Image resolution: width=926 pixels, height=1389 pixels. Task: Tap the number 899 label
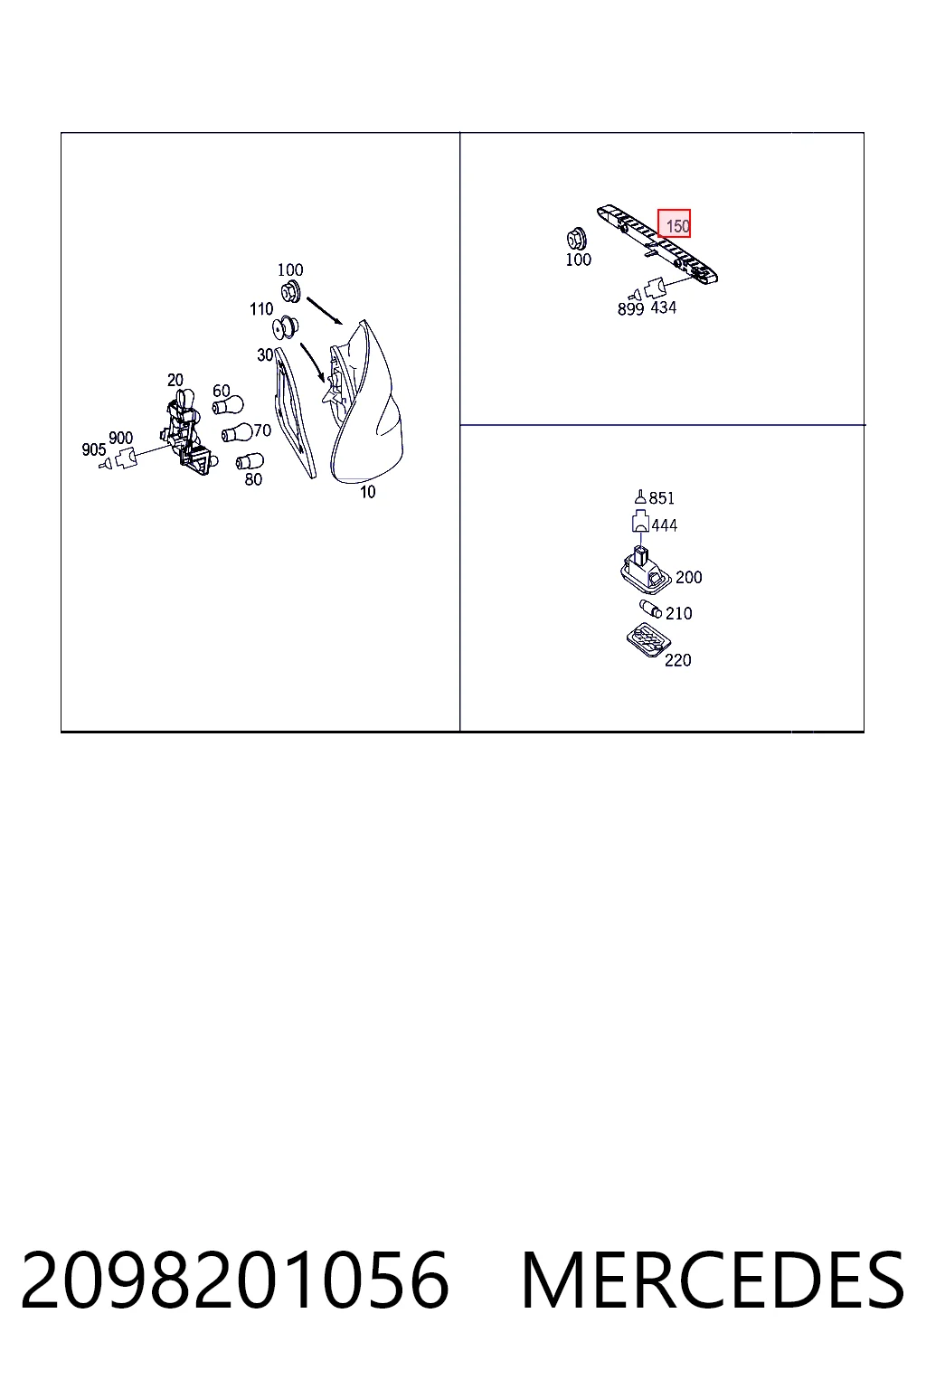tap(630, 308)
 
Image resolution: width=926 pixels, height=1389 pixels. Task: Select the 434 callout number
tap(663, 307)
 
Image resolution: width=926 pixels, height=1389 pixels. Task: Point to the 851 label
tap(661, 498)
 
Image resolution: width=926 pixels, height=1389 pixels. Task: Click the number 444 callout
tap(665, 525)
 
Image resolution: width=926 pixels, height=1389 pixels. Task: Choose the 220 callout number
tap(677, 660)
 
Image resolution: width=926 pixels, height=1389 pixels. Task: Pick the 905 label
tap(94, 449)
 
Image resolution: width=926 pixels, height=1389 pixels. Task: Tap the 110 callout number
tap(261, 308)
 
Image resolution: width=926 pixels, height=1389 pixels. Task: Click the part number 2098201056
tap(234, 1281)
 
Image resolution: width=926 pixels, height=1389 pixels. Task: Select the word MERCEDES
tap(713, 1281)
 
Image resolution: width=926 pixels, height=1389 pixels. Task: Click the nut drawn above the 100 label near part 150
tap(577, 239)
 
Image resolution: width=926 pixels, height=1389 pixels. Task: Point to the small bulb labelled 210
tap(650, 609)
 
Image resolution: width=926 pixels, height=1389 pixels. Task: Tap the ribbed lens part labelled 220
tap(648, 640)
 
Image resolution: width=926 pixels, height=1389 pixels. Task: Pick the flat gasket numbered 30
tap(295, 412)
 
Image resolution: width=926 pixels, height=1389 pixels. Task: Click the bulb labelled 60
tap(228, 406)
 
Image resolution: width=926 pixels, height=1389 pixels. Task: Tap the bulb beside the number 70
tap(237, 432)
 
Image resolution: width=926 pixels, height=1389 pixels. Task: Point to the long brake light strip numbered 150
tap(657, 245)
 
